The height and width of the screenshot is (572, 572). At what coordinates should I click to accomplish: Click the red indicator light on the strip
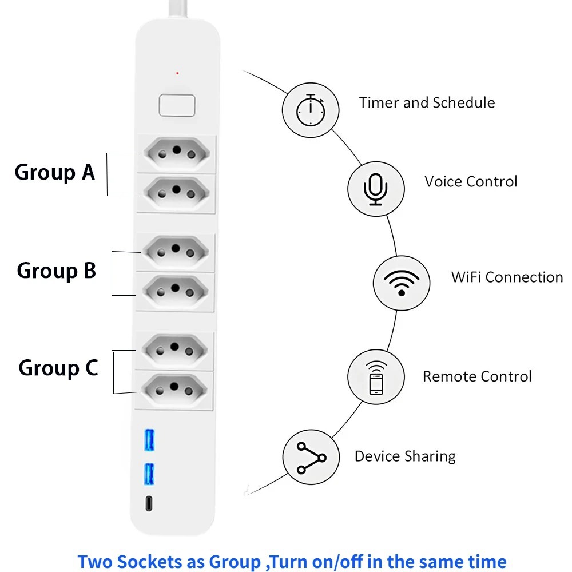(x=177, y=73)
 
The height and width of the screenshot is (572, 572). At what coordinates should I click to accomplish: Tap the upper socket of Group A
(x=177, y=153)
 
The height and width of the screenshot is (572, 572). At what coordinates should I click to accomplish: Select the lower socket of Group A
(x=177, y=193)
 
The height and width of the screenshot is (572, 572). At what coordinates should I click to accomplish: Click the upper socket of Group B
(x=176, y=252)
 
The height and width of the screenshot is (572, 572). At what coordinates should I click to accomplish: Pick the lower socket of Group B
(x=176, y=291)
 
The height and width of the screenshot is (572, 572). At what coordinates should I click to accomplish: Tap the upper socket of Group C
(x=174, y=350)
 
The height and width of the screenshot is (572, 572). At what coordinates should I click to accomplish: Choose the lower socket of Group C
(x=174, y=390)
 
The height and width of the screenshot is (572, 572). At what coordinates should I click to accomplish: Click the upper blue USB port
(x=149, y=440)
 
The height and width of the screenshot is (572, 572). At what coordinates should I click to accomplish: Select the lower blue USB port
(x=149, y=474)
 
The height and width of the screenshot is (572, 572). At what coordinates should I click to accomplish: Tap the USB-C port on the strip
(x=149, y=504)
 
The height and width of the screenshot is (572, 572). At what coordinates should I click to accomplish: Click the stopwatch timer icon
(x=311, y=110)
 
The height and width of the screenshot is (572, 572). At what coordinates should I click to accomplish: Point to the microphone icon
(x=376, y=189)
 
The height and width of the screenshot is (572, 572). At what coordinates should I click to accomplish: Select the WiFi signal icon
(x=402, y=283)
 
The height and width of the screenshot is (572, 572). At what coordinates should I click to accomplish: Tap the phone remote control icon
(x=376, y=378)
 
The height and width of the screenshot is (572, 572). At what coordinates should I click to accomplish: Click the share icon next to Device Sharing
(x=311, y=458)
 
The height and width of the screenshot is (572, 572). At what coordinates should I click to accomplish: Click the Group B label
(x=57, y=271)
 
